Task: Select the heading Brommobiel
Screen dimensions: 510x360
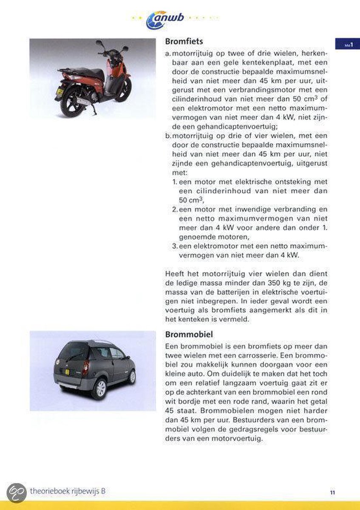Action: (189, 334)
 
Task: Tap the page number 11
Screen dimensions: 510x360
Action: (332, 492)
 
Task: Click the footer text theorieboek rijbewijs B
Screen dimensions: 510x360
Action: (68, 491)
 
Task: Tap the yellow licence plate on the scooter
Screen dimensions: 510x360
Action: (60, 91)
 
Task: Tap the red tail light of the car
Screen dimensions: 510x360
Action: (86, 366)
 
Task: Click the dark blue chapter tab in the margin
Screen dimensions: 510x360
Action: (347, 43)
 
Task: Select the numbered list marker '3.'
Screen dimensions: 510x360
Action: (175, 246)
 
